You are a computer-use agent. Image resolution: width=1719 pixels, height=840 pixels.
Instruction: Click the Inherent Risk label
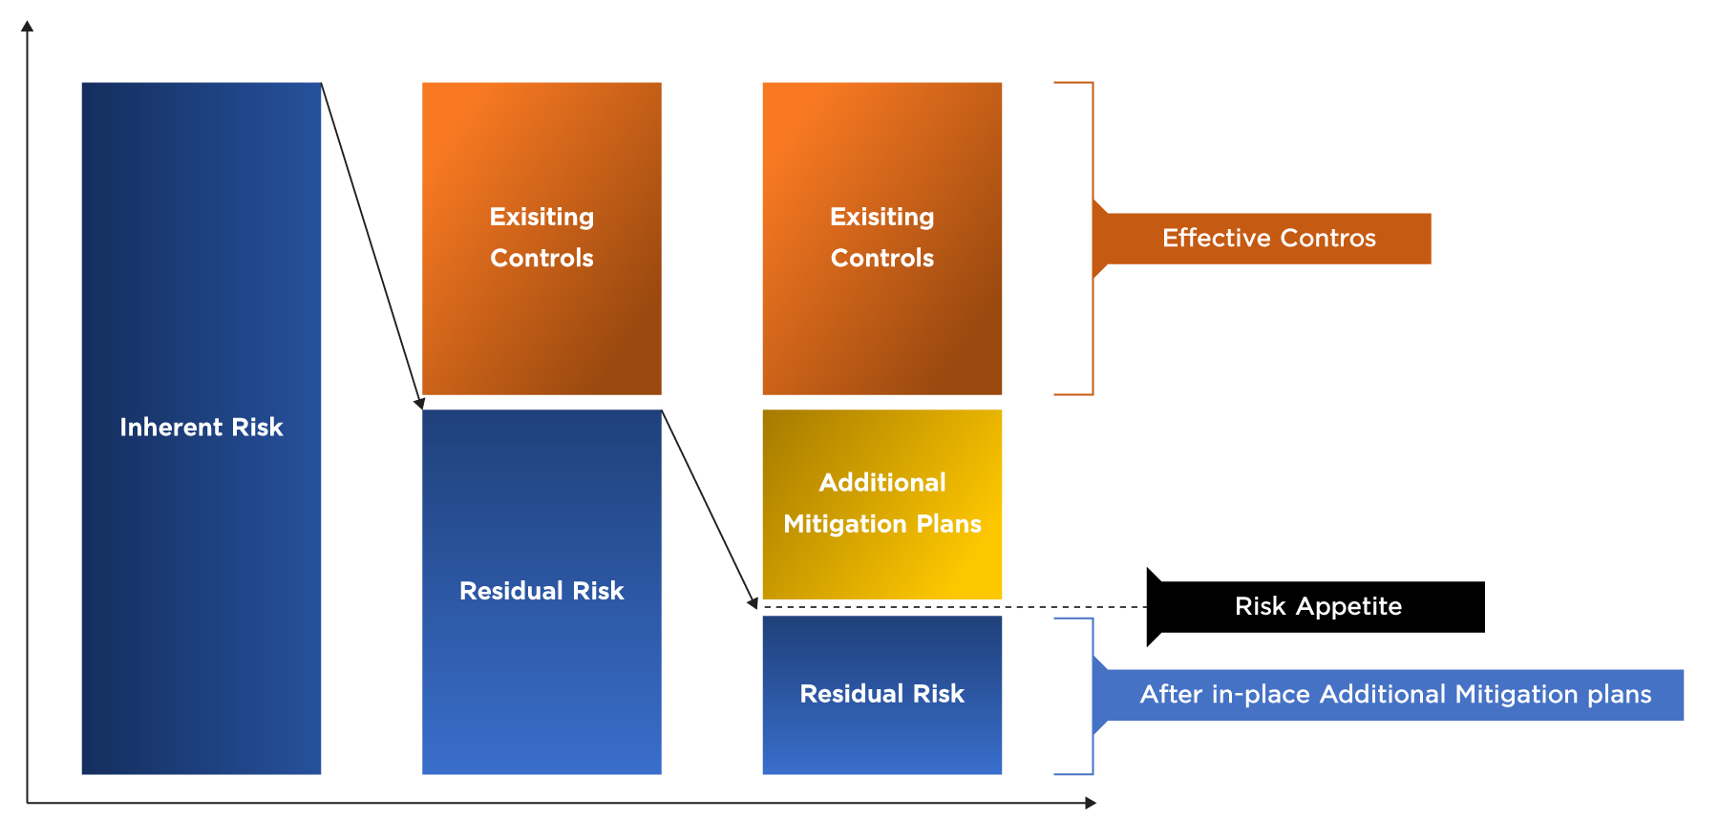pyautogui.click(x=202, y=427)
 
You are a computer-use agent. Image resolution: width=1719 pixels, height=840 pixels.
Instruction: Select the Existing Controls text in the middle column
pyautogui.click(x=541, y=238)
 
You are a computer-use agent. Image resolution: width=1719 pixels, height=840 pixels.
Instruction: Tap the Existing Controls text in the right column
pyautogui.click(x=882, y=238)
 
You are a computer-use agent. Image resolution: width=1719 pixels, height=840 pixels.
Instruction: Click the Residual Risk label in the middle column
pyautogui.click(x=541, y=591)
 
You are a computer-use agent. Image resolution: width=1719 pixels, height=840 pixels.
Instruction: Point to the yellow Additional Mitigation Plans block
pyautogui.click(x=882, y=504)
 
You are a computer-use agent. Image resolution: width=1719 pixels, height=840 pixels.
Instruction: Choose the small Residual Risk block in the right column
pyautogui.click(x=882, y=695)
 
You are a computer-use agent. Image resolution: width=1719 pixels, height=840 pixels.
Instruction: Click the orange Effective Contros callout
pyautogui.click(x=1262, y=239)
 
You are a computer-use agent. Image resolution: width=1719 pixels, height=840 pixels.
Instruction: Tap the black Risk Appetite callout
pyautogui.click(x=1315, y=607)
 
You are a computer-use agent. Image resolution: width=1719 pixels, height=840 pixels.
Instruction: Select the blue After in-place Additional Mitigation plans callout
pyautogui.click(x=1388, y=695)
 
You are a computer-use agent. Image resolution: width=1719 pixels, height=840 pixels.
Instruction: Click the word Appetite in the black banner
pyautogui.click(x=1348, y=607)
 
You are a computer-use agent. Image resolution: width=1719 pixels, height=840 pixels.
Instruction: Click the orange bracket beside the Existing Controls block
pyautogui.click(x=1093, y=239)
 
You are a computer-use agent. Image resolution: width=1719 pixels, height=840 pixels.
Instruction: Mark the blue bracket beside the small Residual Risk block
pyautogui.click(x=1093, y=696)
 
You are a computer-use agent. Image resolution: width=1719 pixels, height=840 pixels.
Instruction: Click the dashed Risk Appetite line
pyautogui.click(x=954, y=607)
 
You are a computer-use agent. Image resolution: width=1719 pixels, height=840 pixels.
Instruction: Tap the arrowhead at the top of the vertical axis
pyautogui.click(x=28, y=26)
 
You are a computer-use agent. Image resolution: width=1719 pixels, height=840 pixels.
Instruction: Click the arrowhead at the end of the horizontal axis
pyautogui.click(x=1091, y=803)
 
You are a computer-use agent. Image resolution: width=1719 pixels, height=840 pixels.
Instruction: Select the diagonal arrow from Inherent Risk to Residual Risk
pyautogui.click(x=372, y=246)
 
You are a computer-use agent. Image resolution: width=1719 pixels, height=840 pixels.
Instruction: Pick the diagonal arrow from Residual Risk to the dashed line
pyautogui.click(x=710, y=510)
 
